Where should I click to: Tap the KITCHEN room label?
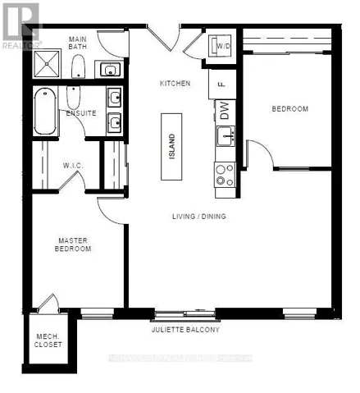[175, 84]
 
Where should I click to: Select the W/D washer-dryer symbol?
[222, 46]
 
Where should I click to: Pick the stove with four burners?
[224, 173]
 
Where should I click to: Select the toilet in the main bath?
[78, 67]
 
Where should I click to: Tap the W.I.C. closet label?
[71, 165]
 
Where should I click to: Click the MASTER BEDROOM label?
[73, 244]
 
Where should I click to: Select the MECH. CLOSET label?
[45, 340]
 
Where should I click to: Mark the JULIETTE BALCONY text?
[185, 330]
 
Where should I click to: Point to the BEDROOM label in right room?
[290, 109]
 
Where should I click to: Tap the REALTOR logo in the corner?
[21, 25]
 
